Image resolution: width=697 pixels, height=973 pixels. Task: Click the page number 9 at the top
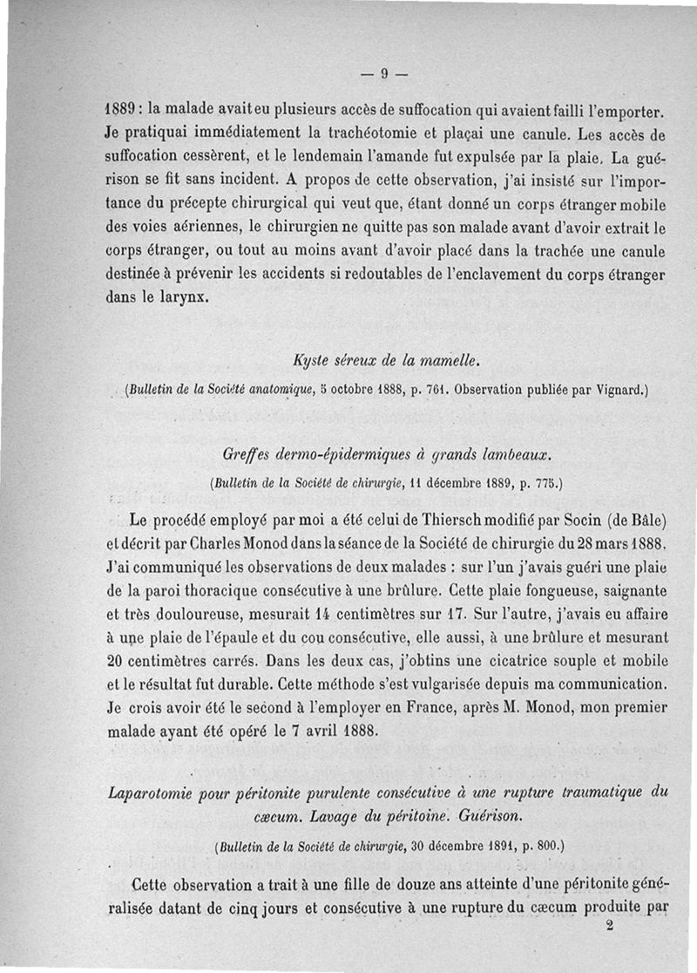pos(383,74)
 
